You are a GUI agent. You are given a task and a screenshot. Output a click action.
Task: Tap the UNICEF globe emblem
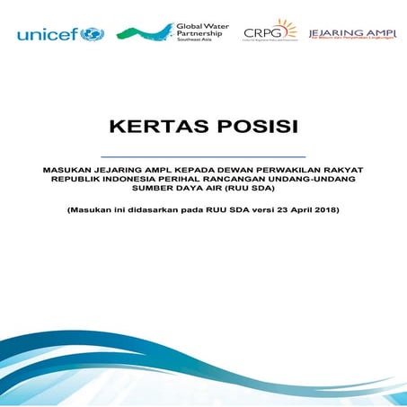point(92,34)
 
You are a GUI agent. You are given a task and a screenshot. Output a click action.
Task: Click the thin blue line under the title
point(203,156)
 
